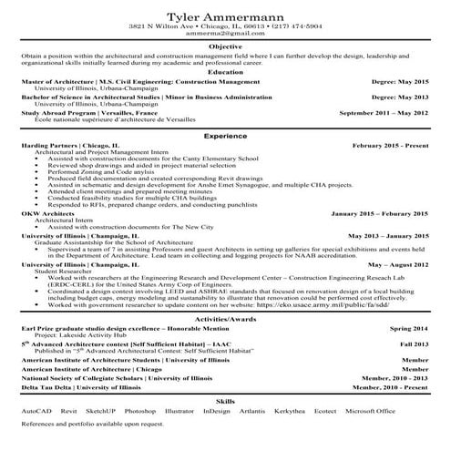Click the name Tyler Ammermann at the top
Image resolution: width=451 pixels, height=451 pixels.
(225, 14)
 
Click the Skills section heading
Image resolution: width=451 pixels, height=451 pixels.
(225, 400)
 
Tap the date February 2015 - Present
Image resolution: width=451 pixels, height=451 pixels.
(389, 145)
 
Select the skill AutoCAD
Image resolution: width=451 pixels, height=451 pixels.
(37, 411)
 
